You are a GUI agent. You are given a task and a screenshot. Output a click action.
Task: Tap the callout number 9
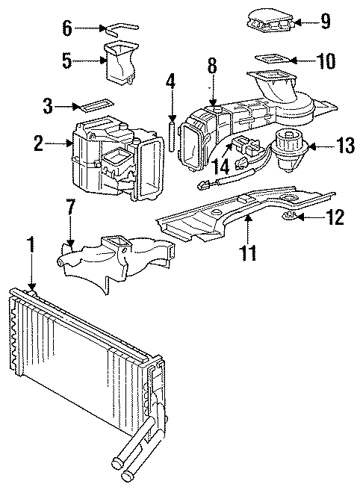coord(326,22)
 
